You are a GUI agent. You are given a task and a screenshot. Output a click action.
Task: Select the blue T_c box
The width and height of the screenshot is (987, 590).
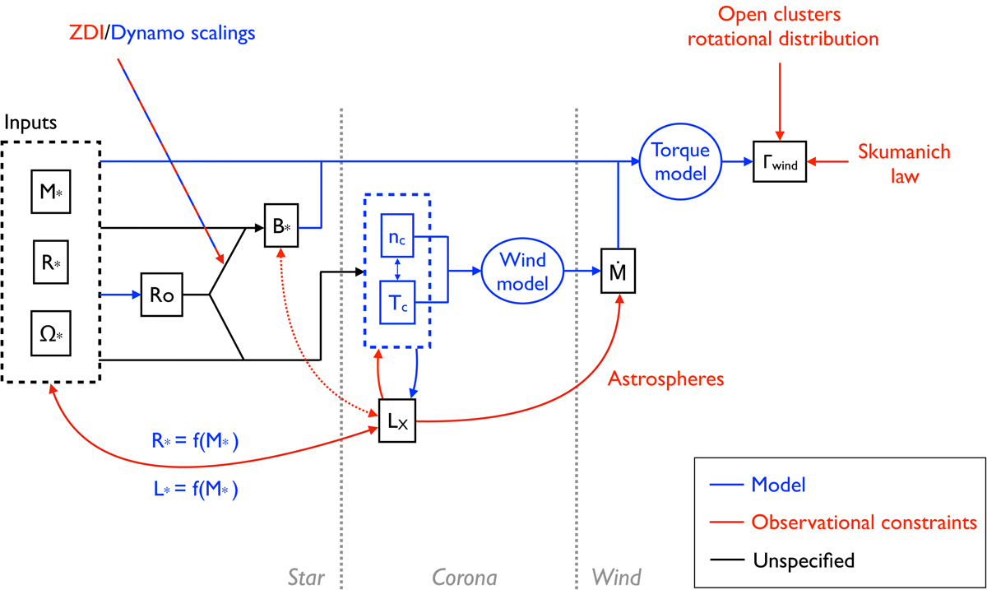coord(398,304)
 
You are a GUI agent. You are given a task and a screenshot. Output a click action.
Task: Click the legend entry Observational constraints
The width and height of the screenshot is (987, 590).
coord(864,523)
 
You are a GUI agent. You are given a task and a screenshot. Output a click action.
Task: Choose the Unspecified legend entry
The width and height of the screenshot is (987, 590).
coord(804,560)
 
